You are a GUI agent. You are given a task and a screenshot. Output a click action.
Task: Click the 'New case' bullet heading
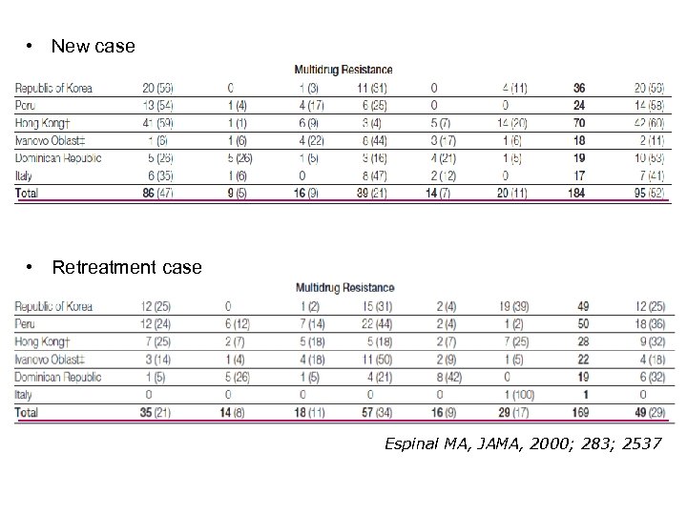[x=93, y=46]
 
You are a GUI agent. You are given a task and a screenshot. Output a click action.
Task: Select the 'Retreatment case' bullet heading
[x=126, y=267]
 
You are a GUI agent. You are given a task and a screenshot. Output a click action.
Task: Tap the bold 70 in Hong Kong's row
[x=575, y=121]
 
